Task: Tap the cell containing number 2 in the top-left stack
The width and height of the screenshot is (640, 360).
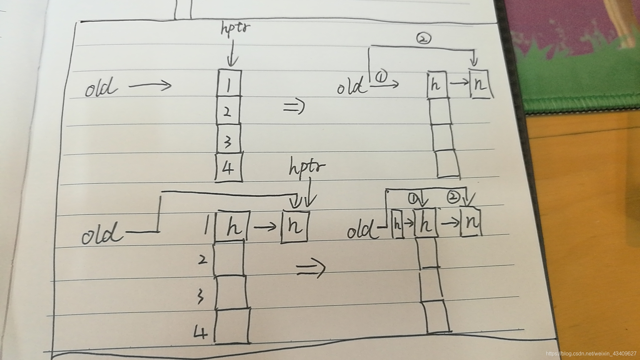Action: tap(228, 111)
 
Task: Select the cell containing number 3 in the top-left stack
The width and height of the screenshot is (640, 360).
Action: tap(228, 139)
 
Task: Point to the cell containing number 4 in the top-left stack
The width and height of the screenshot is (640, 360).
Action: tap(229, 167)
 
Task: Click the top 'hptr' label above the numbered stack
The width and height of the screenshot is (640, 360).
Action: tap(235, 28)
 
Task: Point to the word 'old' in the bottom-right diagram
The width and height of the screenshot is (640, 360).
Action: tap(361, 230)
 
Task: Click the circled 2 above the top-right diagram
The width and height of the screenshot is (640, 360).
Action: tap(423, 39)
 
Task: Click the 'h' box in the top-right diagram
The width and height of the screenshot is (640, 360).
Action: tap(436, 85)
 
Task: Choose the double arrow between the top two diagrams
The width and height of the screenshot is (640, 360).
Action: tap(294, 107)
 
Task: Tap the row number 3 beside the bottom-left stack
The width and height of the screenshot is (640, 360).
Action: tap(200, 296)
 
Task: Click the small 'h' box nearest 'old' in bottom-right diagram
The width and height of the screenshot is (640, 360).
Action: tap(397, 224)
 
